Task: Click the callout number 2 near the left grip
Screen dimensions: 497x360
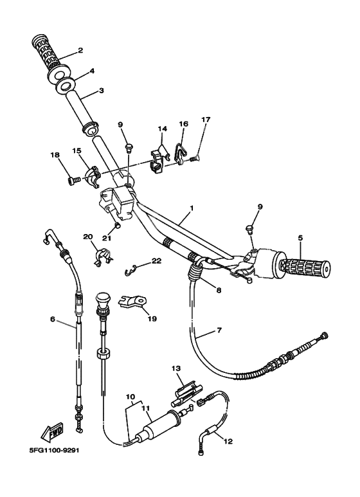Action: tap(80, 50)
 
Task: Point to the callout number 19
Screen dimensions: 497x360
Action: tap(152, 318)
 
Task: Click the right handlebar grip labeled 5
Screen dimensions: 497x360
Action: tap(302, 266)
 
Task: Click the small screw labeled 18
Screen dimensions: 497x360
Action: tap(71, 181)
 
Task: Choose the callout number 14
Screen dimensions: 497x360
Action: tap(162, 129)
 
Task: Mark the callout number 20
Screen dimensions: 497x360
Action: tap(87, 237)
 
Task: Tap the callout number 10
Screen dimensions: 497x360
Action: tap(130, 397)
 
